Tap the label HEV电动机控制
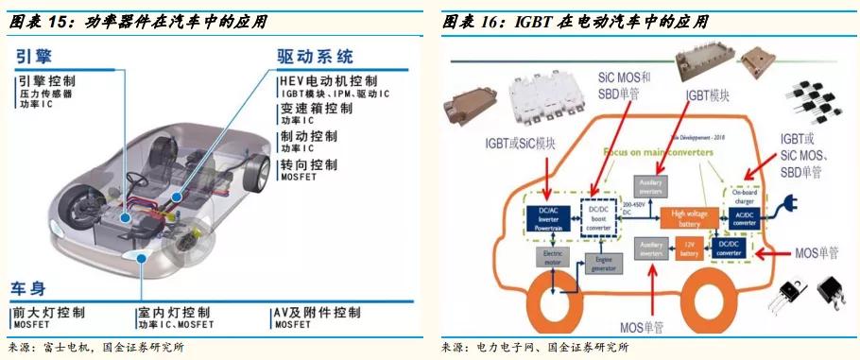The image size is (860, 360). (329, 82)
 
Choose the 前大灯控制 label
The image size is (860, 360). (51, 312)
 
